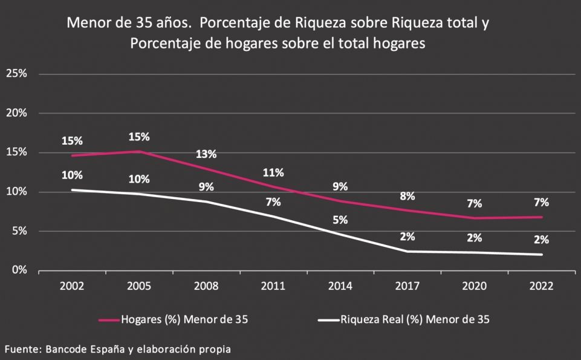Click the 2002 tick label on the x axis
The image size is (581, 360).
point(72,287)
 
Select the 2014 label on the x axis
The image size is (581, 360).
point(340,287)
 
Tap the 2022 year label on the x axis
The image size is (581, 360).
point(541,287)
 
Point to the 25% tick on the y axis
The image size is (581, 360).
point(16,74)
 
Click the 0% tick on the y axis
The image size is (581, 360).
point(19,270)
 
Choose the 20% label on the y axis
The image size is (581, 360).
point(16,113)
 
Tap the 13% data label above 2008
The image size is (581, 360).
point(206,154)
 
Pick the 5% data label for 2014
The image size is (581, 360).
point(340,220)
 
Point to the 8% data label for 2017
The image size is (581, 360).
point(407,196)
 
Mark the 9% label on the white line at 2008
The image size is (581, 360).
point(206,187)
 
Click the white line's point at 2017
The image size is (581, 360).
point(407,251)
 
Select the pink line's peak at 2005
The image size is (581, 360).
point(139,151)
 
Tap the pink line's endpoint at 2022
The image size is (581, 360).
point(541,217)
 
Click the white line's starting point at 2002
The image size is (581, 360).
point(72,190)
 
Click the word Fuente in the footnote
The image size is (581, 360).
point(19,350)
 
